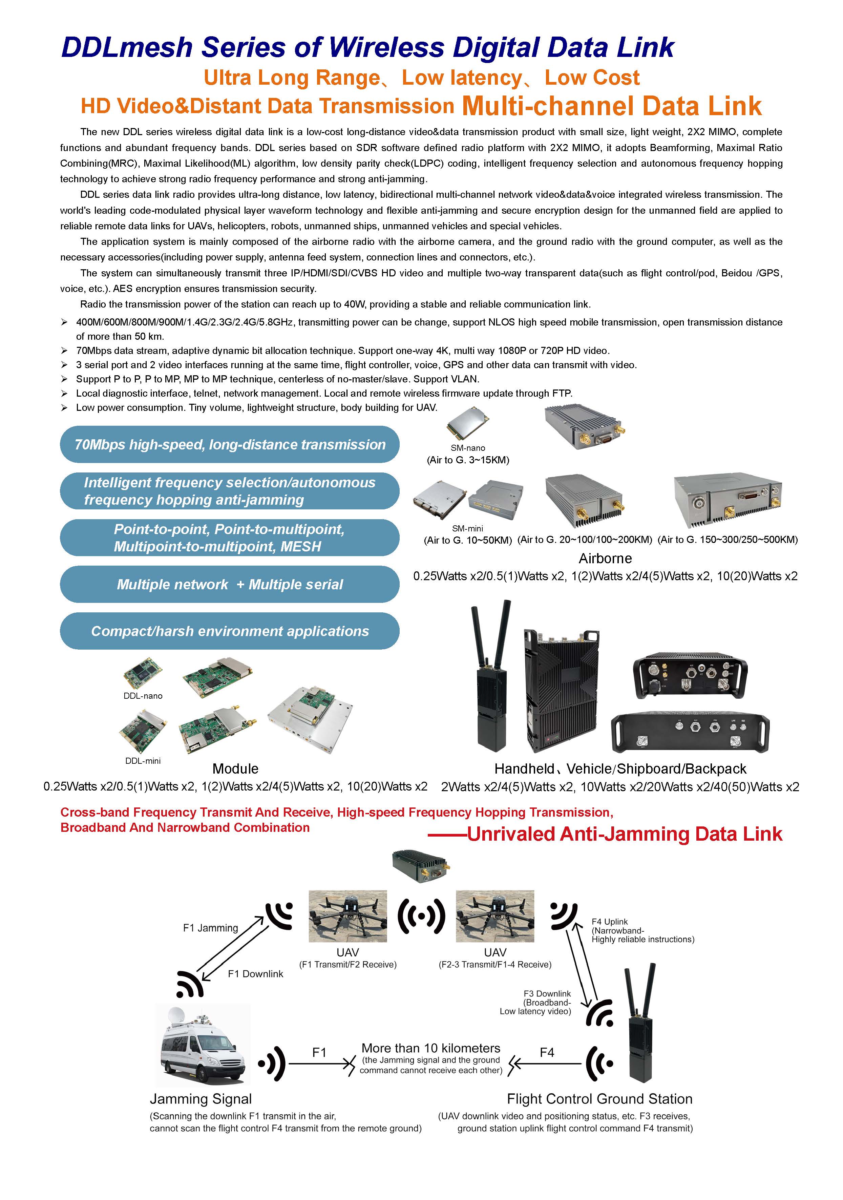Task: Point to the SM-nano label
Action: [x=468, y=448]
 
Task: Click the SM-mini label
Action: [x=467, y=528]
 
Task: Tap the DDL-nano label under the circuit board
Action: [x=143, y=696]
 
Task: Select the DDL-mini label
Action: [x=143, y=761]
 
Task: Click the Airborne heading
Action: [x=605, y=558]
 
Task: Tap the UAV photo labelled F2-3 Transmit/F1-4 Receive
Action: [x=495, y=916]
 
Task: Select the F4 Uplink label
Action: [x=609, y=922]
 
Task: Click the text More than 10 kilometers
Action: [x=431, y=1048]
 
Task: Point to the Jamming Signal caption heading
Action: [x=201, y=1099]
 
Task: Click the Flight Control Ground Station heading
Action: [x=599, y=1099]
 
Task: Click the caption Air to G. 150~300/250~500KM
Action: [x=728, y=539]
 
